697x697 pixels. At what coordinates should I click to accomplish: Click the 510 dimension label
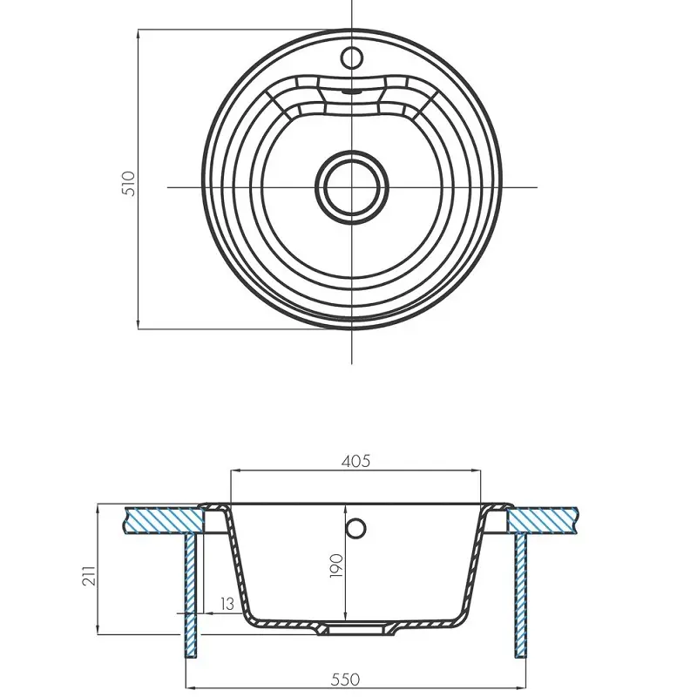point(128,184)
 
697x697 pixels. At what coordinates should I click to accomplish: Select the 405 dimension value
point(355,462)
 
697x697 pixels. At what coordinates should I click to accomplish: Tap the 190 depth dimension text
point(336,565)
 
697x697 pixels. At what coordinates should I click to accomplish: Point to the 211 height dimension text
point(90,576)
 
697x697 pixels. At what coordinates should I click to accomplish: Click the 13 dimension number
point(227,604)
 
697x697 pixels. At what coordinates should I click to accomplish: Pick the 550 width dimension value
point(345,680)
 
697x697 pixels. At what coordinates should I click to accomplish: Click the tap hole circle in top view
point(352,58)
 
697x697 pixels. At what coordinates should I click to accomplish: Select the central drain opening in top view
point(352,186)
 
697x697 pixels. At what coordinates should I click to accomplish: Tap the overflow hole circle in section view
point(355,529)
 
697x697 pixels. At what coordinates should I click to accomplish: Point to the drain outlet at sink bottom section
point(355,629)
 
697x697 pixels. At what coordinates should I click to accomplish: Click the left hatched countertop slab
point(165,519)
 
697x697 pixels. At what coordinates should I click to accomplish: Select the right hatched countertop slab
point(542,519)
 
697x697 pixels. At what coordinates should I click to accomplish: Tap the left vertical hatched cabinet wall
point(190,595)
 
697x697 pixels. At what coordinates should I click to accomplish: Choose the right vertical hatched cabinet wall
point(520,595)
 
